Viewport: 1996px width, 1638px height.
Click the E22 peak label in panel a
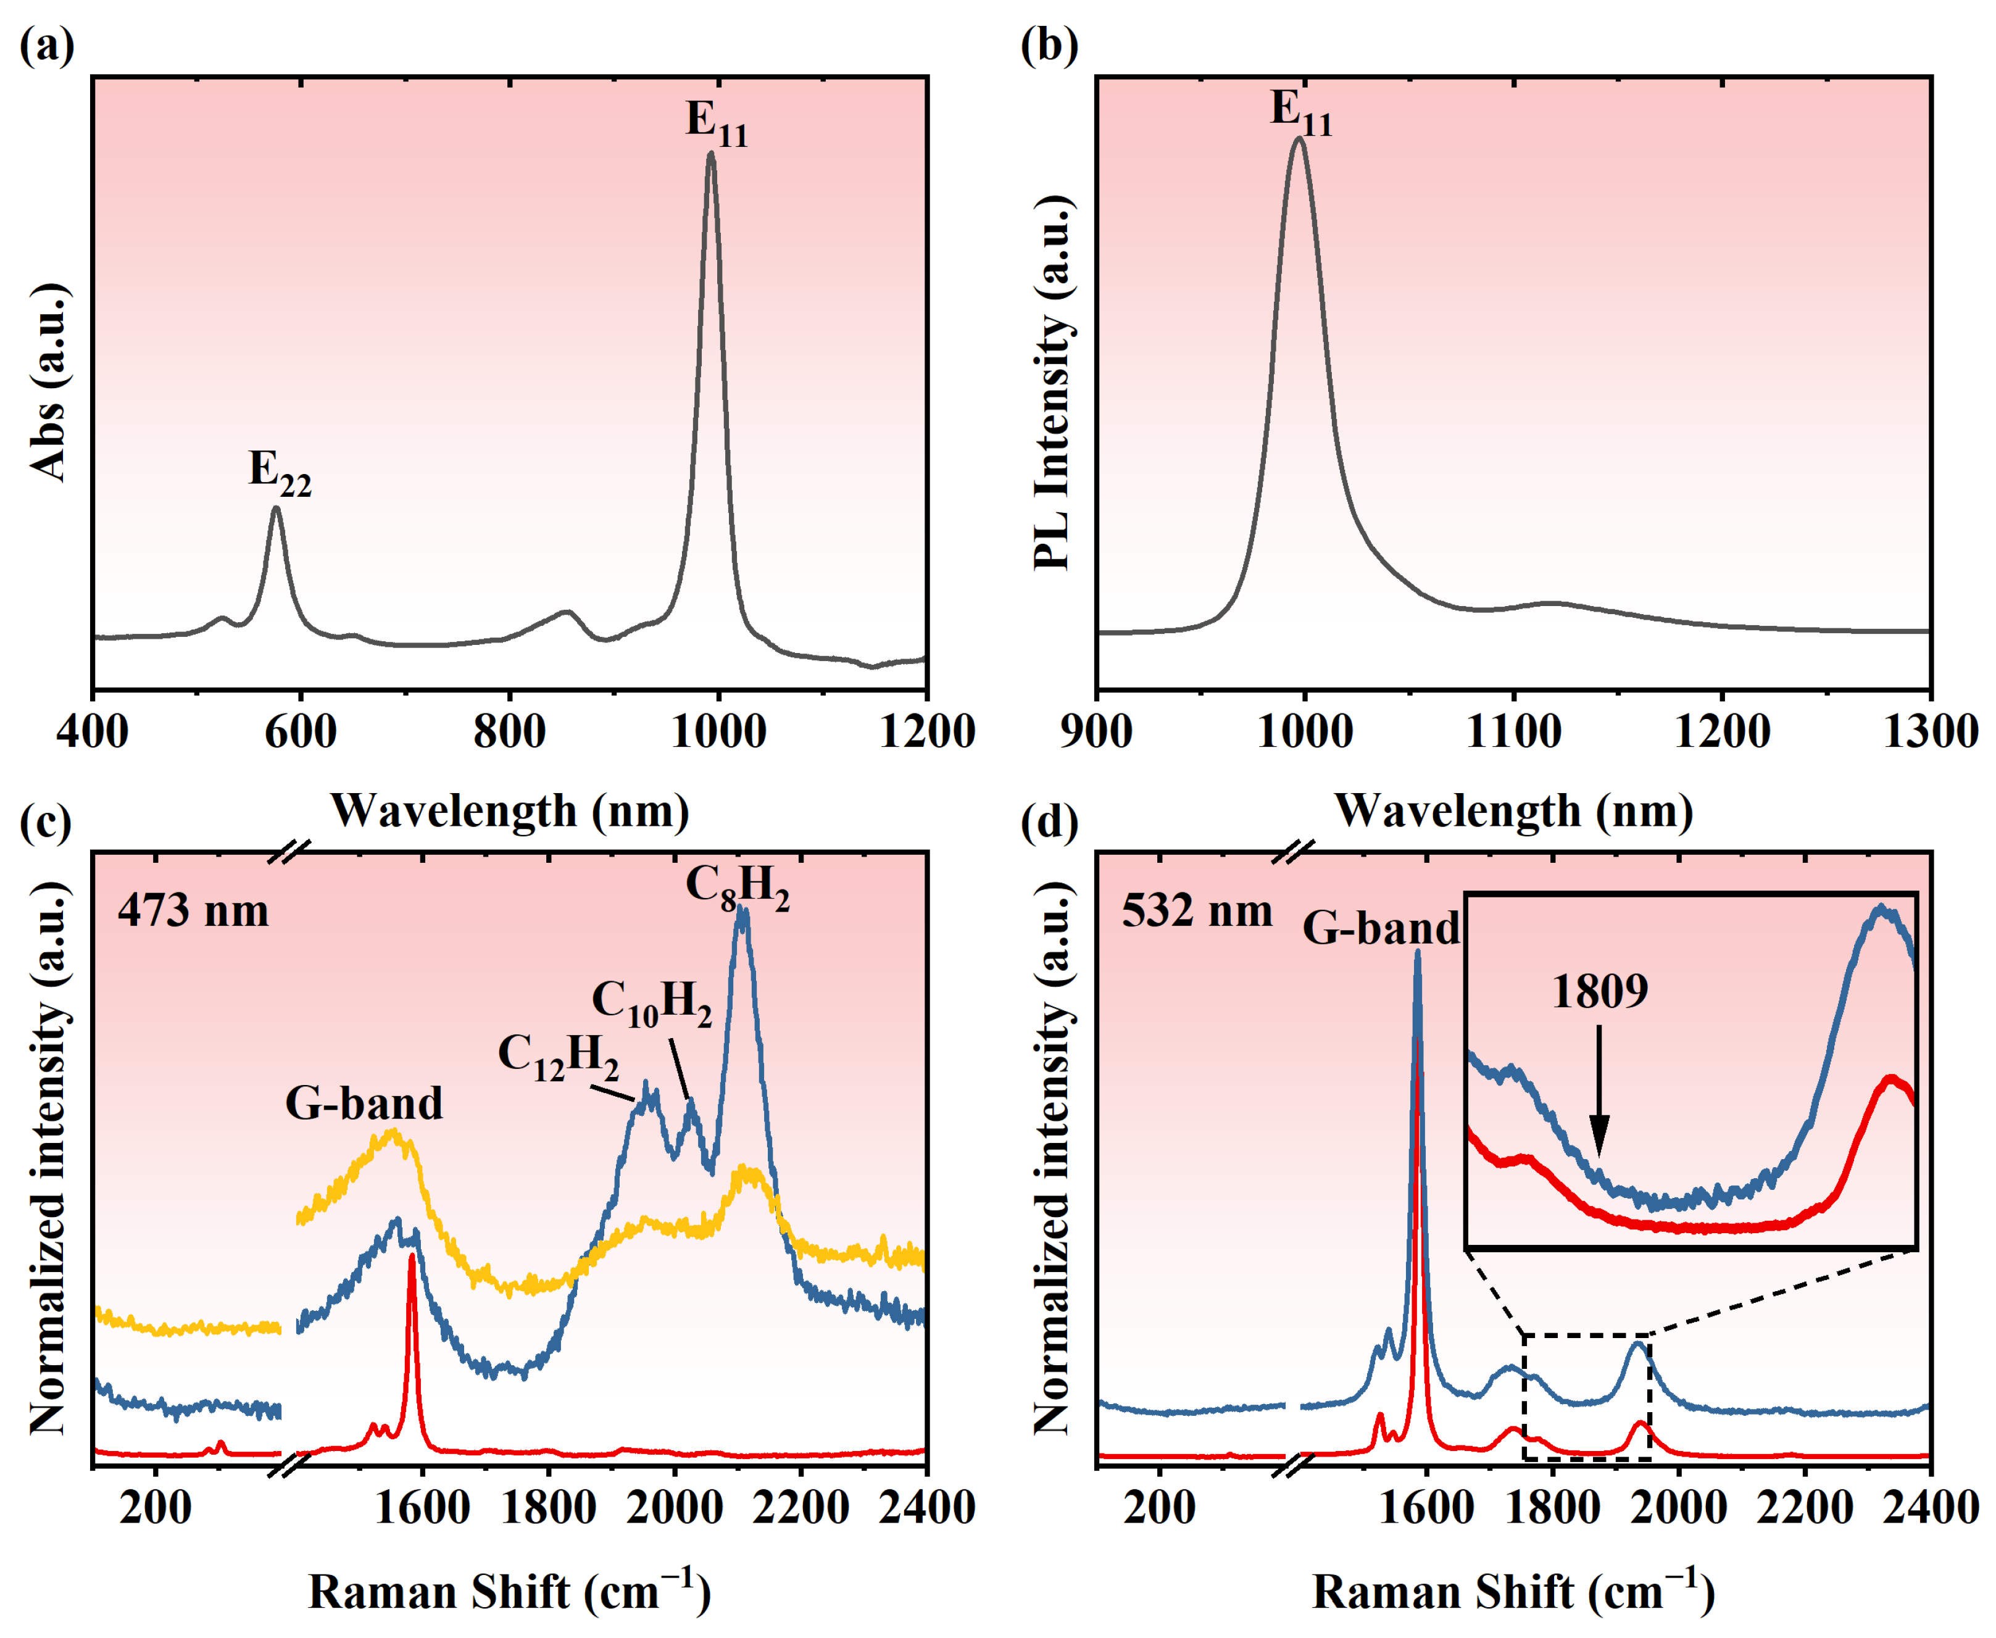pos(280,472)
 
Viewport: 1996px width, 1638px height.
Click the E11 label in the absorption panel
pos(717,123)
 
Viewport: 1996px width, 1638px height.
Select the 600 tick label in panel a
pos(300,732)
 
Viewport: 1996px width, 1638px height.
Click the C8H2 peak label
pos(737,889)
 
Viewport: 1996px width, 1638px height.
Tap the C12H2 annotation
pos(558,1057)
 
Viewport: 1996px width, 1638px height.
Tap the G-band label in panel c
pos(364,1103)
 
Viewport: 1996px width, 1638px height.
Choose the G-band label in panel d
pos(1381,928)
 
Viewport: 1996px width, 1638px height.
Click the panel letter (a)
pos(46,44)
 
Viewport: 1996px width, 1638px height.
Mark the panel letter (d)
pos(1049,822)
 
